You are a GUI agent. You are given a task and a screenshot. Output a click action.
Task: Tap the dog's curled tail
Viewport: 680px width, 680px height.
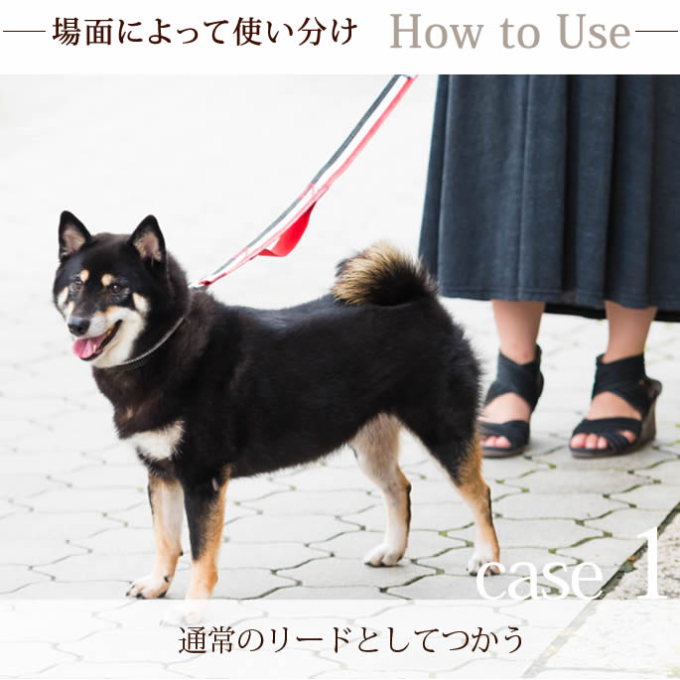(382, 274)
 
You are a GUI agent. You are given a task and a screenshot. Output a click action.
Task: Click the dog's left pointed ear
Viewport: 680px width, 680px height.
(72, 233)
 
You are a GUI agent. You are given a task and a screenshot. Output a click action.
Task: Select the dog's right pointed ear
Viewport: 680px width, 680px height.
(148, 240)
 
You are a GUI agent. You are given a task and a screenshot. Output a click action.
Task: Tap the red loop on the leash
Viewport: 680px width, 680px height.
(289, 238)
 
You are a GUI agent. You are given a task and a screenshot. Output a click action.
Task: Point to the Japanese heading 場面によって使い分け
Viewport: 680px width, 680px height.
(204, 32)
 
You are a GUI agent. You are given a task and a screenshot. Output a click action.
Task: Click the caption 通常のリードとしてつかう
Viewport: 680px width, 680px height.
(350, 640)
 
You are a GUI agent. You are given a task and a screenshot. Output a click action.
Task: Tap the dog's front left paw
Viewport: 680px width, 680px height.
(149, 586)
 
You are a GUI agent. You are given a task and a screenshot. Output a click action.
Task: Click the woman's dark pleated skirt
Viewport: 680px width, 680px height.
(551, 179)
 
